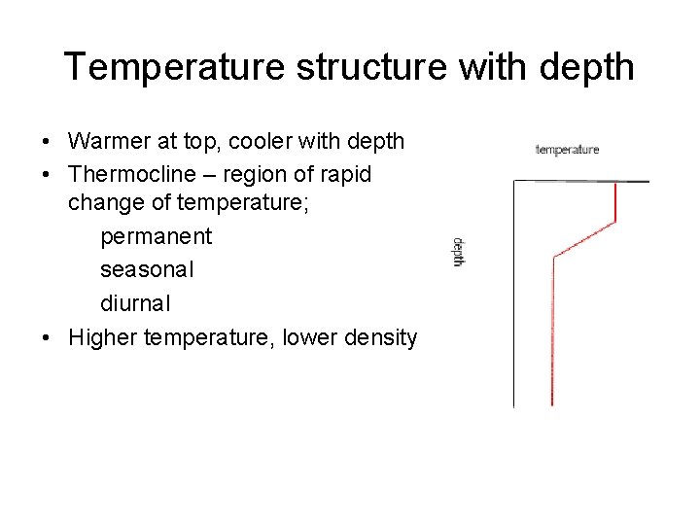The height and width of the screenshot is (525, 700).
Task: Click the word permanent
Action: tap(156, 236)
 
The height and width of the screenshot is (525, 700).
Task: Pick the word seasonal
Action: tap(147, 269)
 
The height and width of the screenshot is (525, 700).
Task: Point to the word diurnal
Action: tap(136, 302)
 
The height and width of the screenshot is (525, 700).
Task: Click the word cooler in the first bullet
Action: tap(263, 141)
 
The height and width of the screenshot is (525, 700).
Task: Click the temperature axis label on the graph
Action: tap(567, 150)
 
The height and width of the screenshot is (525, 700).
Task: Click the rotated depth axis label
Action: tap(458, 252)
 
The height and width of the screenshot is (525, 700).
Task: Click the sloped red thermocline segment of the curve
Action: tap(584, 239)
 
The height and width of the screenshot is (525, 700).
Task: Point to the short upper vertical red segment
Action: tap(616, 201)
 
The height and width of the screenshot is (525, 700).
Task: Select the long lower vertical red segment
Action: tap(552, 331)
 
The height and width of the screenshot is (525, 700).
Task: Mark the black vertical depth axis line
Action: tap(514, 292)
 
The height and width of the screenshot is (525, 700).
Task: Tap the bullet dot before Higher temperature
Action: tap(47, 338)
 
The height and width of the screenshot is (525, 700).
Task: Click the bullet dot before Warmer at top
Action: tap(47, 142)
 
